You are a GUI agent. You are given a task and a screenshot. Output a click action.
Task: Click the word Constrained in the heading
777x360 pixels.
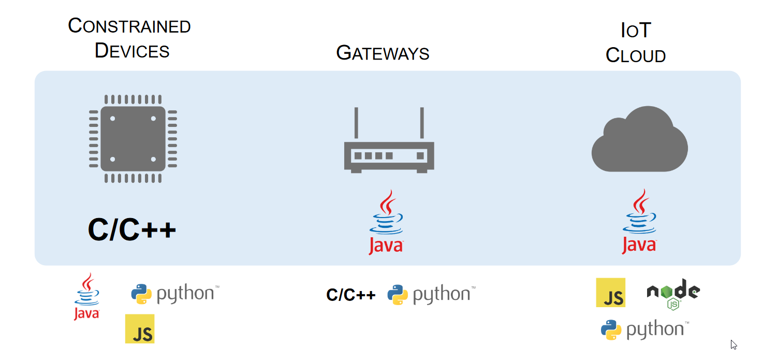(129, 26)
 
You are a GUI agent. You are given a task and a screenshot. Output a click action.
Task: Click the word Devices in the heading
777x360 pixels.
(132, 51)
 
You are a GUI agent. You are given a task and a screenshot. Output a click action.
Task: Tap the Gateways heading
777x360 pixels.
(383, 53)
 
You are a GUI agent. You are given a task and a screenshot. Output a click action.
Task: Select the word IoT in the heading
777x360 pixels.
(635, 31)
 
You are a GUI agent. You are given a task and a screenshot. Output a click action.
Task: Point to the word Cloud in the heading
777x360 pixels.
(635, 55)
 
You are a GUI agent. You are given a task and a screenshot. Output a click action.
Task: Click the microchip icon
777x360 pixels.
(133, 139)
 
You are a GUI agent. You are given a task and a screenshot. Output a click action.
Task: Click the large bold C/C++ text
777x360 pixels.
(132, 229)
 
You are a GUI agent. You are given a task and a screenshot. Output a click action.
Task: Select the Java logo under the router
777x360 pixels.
(386, 223)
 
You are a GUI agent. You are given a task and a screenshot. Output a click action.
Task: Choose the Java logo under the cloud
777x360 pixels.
(639, 222)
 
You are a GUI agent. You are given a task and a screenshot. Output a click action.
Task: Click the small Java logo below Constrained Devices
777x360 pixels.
(86, 297)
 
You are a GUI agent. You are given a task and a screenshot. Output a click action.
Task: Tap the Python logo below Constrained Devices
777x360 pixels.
(175, 294)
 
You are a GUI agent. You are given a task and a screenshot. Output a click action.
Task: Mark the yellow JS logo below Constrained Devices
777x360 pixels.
(140, 328)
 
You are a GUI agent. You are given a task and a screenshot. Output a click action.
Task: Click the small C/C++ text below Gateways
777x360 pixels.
(350, 295)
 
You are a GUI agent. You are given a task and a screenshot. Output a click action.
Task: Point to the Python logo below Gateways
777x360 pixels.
(431, 294)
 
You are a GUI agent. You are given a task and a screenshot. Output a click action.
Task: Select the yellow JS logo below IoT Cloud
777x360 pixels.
(610, 293)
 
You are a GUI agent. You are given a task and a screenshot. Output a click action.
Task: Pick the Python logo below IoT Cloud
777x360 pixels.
(644, 329)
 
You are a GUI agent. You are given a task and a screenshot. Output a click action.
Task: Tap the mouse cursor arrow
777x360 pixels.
(734, 344)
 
